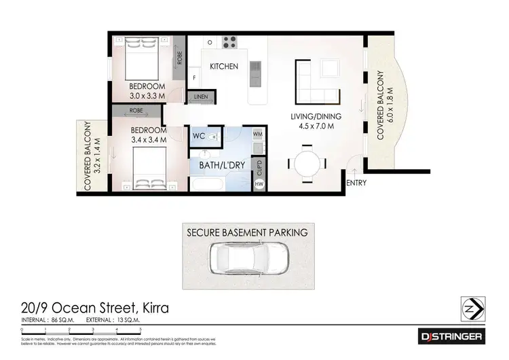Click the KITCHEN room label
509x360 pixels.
223,67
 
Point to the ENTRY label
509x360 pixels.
356,183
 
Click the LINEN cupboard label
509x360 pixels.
201,97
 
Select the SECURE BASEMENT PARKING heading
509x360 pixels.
247,232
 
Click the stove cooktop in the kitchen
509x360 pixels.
229,39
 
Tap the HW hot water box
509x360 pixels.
259,183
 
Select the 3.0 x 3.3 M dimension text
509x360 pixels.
148,96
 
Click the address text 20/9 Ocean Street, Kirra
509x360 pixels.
96,308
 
